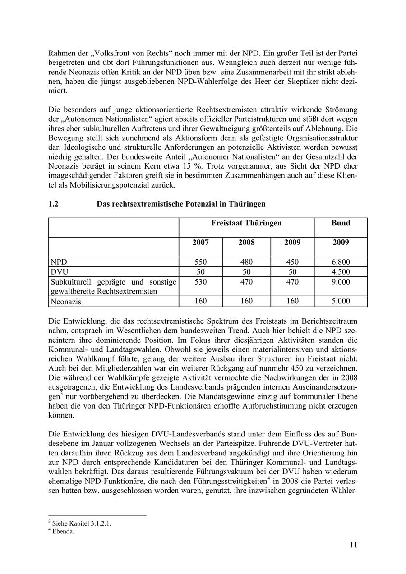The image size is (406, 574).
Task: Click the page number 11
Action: click(x=353, y=545)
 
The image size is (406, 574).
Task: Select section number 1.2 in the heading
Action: click(x=53, y=204)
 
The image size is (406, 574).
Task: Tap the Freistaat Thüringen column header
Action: click(x=246, y=223)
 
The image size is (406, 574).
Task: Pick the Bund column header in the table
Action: click(x=341, y=223)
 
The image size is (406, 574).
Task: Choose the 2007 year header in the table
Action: click(x=200, y=242)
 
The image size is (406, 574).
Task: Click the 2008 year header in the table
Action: click(x=246, y=242)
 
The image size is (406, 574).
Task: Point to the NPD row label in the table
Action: click(x=58, y=262)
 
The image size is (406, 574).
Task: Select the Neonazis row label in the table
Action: click(x=66, y=302)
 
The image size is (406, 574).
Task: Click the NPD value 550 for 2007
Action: click(x=200, y=262)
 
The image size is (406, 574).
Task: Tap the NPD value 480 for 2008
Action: click(x=246, y=262)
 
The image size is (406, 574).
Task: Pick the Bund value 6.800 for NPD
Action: click(x=341, y=262)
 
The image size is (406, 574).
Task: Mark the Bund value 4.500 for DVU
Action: click(x=341, y=272)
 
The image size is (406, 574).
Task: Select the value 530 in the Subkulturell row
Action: click(x=200, y=282)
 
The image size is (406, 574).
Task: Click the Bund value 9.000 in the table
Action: click(x=341, y=282)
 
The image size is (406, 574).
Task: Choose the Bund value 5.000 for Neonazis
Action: click(x=341, y=301)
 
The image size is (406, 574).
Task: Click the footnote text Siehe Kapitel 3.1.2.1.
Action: click(x=82, y=523)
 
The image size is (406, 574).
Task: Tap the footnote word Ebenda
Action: click(x=63, y=531)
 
